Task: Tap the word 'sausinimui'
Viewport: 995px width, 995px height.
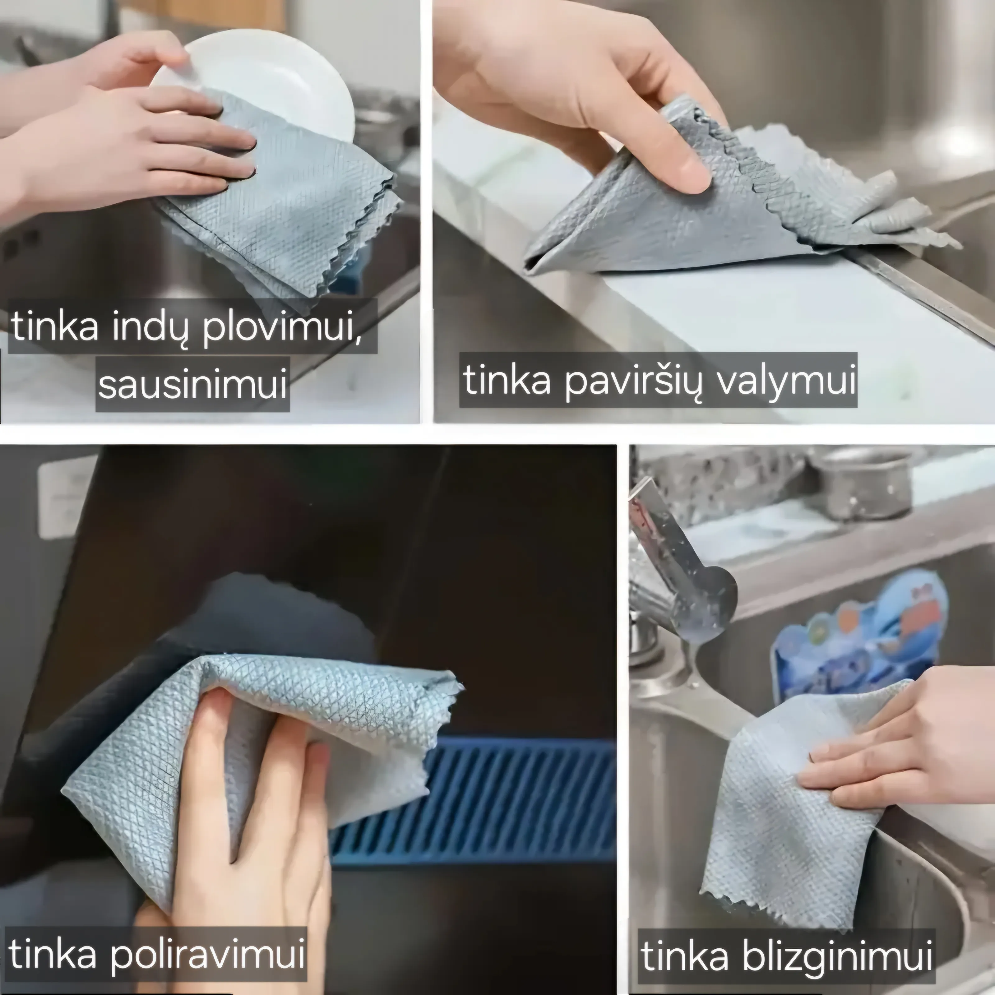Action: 192,384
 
